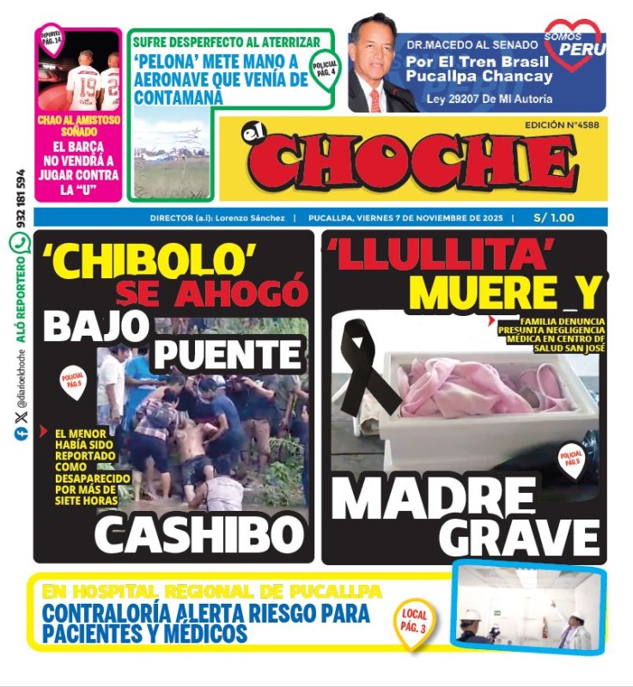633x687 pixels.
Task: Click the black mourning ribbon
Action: pos(364,369)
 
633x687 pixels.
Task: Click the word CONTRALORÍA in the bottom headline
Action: pos(99,614)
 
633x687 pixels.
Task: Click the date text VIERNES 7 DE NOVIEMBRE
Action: pos(429,218)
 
